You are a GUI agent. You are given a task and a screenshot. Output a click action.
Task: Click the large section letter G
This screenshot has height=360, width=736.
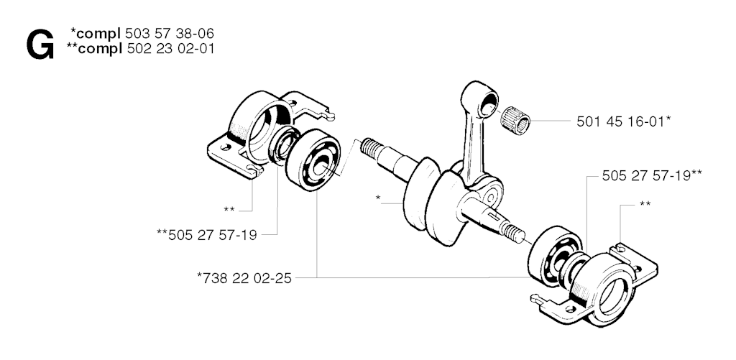point(40,45)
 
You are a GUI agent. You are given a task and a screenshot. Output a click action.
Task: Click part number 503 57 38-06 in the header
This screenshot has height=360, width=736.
point(170,33)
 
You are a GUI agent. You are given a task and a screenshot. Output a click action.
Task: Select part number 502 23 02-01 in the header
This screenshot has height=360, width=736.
point(170,48)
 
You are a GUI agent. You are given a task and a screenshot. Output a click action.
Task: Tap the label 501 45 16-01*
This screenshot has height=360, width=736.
point(623,121)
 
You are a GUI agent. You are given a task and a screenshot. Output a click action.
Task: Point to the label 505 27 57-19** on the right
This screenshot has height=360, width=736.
point(652,176)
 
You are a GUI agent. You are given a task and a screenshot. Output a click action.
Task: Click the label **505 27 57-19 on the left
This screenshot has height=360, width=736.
point(206,235)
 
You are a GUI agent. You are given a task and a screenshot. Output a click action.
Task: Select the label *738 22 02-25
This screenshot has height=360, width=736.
point(244,278)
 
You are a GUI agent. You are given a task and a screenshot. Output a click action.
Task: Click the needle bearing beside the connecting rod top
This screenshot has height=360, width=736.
point(515,120)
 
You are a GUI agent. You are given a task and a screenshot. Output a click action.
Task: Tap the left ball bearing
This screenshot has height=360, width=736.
point(313,160)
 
